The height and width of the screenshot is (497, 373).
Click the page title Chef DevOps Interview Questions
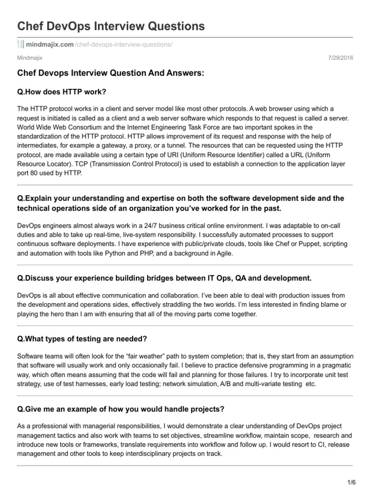111,26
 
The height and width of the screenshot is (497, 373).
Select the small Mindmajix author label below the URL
30,58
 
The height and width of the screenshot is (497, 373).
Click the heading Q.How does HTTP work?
62,92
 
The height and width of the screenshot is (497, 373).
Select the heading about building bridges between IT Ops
164,278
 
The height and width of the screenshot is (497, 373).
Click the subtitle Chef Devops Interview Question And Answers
111,73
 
